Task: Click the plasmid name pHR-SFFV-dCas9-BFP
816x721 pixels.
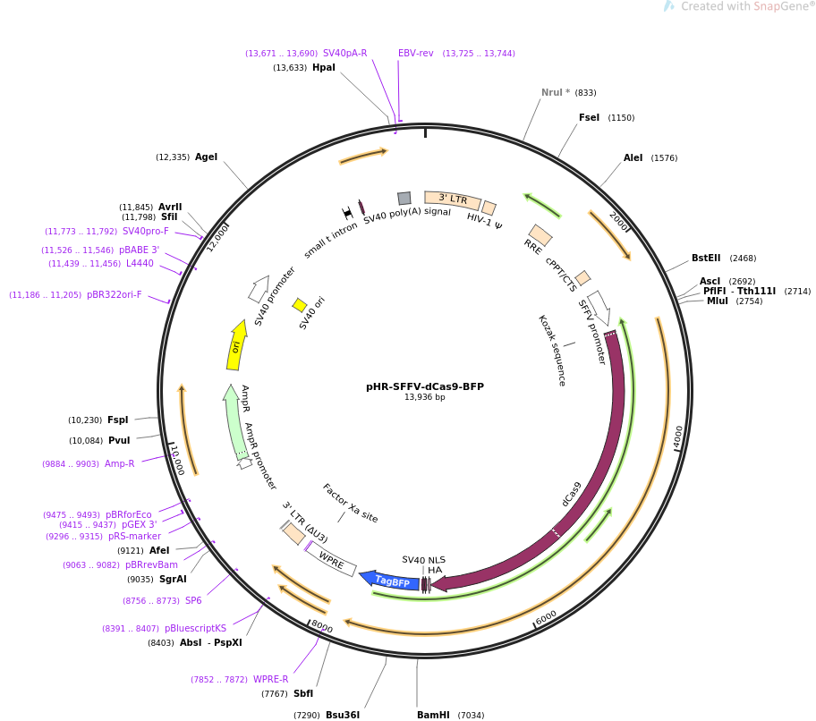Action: (424, 386)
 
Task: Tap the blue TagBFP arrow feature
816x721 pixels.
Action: (390, 581)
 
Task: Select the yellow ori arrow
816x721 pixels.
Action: (235, 345)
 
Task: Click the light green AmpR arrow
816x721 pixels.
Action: (235, 420)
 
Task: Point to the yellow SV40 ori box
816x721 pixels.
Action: (300, 305)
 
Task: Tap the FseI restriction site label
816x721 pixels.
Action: (589, 117)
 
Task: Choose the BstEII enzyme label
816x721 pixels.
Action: (705, 258)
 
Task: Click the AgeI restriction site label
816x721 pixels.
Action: (206, 157)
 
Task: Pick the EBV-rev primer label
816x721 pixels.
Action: (415, 53)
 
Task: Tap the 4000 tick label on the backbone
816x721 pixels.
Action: (678, 437)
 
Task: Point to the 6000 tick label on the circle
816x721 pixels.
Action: (546, 617)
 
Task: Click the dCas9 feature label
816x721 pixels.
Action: (571, 494)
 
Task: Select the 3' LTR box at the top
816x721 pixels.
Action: (452, 199)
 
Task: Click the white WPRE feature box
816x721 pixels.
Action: (331, 561)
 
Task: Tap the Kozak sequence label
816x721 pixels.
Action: (551, 350)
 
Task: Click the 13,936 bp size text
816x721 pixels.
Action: (424, 397)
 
